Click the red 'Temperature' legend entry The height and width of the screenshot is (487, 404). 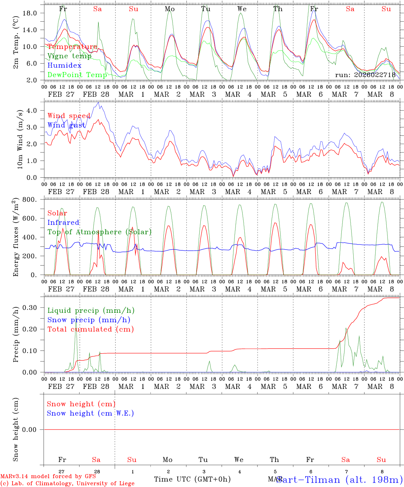pos(72,47)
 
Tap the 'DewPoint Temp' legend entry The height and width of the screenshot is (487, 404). pos(77,75)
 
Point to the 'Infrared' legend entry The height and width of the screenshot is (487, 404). pos(63,223)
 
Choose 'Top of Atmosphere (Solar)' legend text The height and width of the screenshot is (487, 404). pos(99,232)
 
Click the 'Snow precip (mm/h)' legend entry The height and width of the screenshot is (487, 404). pos(89,320)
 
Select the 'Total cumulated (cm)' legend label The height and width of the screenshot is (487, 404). pos(90,329)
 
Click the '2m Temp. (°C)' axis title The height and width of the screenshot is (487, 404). pos(16,43)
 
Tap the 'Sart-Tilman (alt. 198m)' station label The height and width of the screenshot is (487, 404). pos(339,480)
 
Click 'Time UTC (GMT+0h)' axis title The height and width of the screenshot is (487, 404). pos(192,479)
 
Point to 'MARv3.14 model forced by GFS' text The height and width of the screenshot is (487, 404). pos(48,476)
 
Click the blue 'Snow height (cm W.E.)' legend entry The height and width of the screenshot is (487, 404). pos(90,413)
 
